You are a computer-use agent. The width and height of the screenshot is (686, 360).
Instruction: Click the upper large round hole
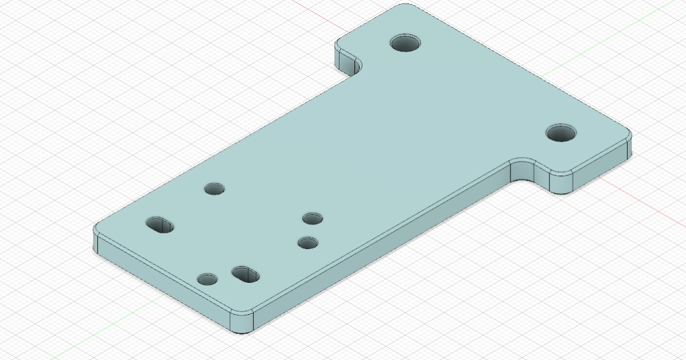click(405, 43)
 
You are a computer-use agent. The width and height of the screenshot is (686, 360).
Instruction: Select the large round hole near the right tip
click(560, 133)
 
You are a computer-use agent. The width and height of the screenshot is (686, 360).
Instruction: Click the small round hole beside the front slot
click(207, 279)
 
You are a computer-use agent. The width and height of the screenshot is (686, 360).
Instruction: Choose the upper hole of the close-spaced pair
click(313, 218)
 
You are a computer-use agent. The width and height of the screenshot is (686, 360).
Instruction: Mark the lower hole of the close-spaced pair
click(308, 243)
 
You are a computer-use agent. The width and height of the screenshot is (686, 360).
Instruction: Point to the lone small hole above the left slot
click(214, 188)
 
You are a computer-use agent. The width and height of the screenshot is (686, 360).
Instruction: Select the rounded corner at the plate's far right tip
click(629, 140)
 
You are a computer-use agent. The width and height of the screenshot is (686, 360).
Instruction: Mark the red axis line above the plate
click(320, 14)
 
